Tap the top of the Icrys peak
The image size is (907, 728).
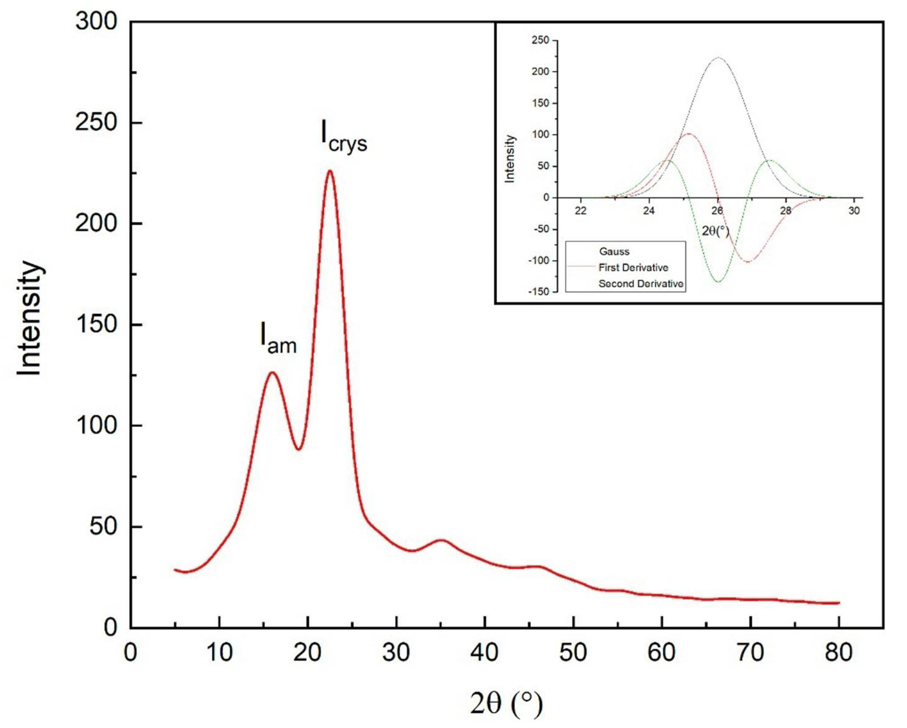coord(330,171)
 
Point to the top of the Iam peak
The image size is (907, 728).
coord(272,373)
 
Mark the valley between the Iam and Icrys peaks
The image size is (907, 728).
coord(298,449)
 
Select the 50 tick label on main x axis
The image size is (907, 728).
coord(574,653)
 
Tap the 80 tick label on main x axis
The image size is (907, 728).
coord(839,653)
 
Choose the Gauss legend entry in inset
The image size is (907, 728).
coord(614,251)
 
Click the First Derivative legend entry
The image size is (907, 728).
coord(633,267)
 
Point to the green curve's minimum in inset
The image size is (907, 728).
coord(718,281)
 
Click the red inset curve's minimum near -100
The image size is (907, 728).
coord(748,262)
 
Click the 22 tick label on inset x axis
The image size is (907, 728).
coord(581,211)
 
